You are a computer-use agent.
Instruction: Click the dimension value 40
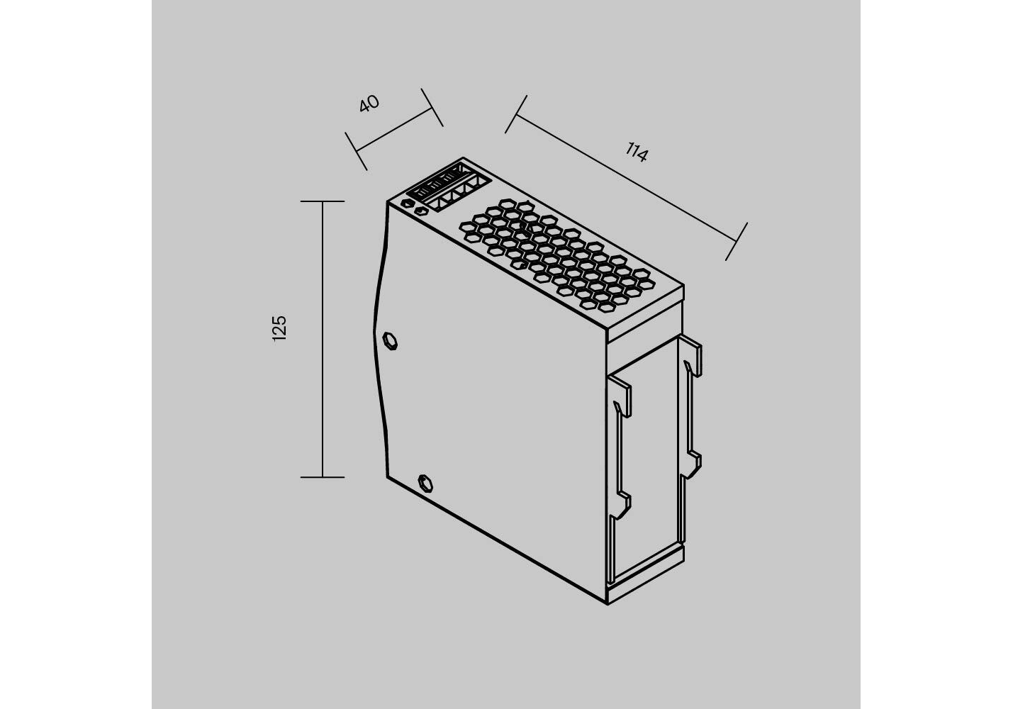coord(369,104)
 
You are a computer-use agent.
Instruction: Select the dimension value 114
coord(637,152)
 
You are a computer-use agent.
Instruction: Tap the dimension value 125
coord(279,328)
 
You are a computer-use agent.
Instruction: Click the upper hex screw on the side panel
coord(390,340)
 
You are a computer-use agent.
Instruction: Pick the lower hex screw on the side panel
coord(425,484)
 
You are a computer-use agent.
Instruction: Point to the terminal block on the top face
coord(449,187)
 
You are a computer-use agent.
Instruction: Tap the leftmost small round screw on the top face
coord(408,204)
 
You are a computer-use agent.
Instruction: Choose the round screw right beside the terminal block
coord(422,211)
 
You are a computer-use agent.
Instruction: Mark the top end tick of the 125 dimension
coord(323,201)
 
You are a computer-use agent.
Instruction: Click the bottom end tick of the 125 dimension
coord(323,477)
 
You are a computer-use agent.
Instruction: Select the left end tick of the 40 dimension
coord(356,151)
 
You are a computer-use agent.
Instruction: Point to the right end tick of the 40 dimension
coord(432,108)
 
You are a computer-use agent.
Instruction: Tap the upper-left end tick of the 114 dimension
coord(516,114)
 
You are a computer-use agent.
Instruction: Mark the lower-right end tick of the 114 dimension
coord(737,242)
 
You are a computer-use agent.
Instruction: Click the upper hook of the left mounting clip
coord(620,396)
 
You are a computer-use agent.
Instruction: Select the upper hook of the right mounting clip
coord(690,355)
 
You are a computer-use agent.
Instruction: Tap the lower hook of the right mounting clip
coord(691,464)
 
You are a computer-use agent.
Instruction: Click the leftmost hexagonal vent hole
coord(468,227)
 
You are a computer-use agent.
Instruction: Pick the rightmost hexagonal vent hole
coord(647,284)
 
